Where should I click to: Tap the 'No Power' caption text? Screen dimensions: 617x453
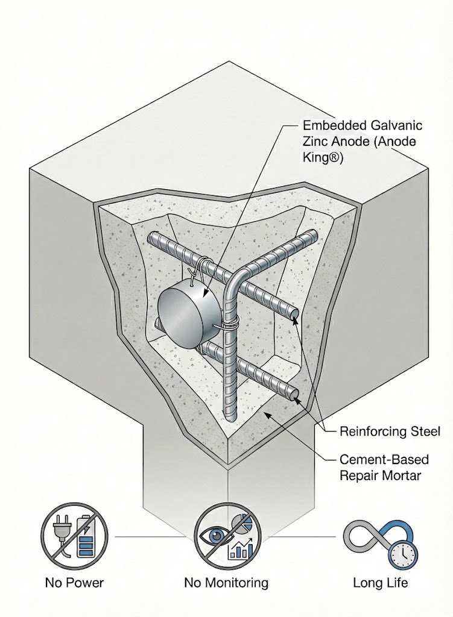(x=74, y=583)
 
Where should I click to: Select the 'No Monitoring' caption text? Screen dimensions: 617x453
(x=226, y=583)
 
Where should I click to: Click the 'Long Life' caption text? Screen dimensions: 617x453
(x=380, y=583)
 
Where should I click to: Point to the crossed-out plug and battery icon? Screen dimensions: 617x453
(x=74, y=534)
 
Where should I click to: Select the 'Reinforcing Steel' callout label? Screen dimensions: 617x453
(x=390, y=431)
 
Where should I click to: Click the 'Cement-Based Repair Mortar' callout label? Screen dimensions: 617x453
(x=384, y=466)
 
